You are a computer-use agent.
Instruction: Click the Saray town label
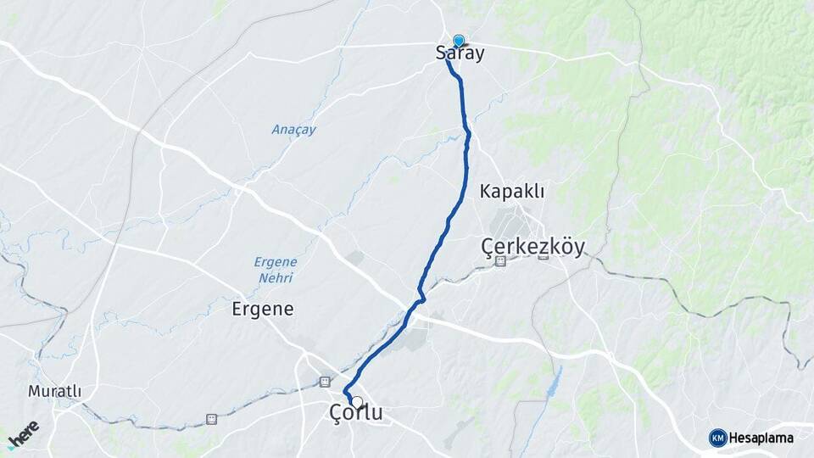(460, 53)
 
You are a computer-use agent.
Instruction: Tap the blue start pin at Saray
(459, 41)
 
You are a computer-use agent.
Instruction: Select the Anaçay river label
(293, 130)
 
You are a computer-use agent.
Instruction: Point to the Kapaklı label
(511, 191)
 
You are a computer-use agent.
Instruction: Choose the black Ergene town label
(263, 310)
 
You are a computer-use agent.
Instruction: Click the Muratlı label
(54, 392)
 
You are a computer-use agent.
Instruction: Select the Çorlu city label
(355, 414)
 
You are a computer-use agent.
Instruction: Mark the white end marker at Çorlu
(357, 402)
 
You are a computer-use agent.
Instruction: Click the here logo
(22, 434)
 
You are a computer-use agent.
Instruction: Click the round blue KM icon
(717, 438)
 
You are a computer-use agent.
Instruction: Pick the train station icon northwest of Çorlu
(325, 382)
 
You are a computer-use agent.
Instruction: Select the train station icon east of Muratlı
(211, 418)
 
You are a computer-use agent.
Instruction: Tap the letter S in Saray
(441, 53)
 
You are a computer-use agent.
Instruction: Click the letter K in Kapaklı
(485, 191)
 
